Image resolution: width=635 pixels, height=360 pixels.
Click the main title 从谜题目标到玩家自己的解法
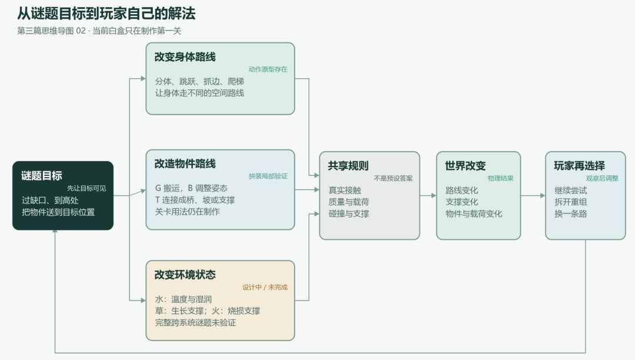click(x=106, y=14)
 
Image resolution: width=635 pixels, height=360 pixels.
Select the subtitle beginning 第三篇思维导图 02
click(x=99, y=31)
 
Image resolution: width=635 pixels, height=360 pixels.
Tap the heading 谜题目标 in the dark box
click(x=42, y=176)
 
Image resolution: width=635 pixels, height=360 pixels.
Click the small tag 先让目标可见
click(x=86, y=188)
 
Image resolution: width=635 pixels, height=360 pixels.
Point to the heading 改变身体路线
click(x=185, y=56)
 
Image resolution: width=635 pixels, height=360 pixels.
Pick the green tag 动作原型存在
click(x=268, y=69)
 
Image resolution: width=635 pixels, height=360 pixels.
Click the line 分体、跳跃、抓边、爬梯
click(x=200, y=81)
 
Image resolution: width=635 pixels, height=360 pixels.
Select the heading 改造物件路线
click(x=185, y=164)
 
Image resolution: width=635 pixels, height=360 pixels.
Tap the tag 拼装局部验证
click(x=268, y=176)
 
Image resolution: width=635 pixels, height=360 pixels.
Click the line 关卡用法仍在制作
click(x=188, y=212)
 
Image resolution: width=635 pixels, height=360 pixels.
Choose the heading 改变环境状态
click(x=185, y=275)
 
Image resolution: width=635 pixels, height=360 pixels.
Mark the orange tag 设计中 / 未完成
click(x=265, y=287)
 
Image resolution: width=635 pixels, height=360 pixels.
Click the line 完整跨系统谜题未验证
click(x=196, y=323)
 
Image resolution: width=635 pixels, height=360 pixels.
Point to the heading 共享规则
click(x=348, y=166)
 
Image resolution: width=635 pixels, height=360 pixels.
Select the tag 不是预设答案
click(x=393, y=178)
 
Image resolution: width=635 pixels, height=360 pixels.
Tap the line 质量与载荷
click(x=349, y=202)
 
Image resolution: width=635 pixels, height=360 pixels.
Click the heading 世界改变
click(x=465, y=166)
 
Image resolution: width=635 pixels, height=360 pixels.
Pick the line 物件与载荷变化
click(x=474, y=214)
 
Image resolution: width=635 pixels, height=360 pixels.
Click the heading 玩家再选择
click(x=580, y=166)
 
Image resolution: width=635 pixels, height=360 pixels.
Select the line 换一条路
click(x=570, y=214)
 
